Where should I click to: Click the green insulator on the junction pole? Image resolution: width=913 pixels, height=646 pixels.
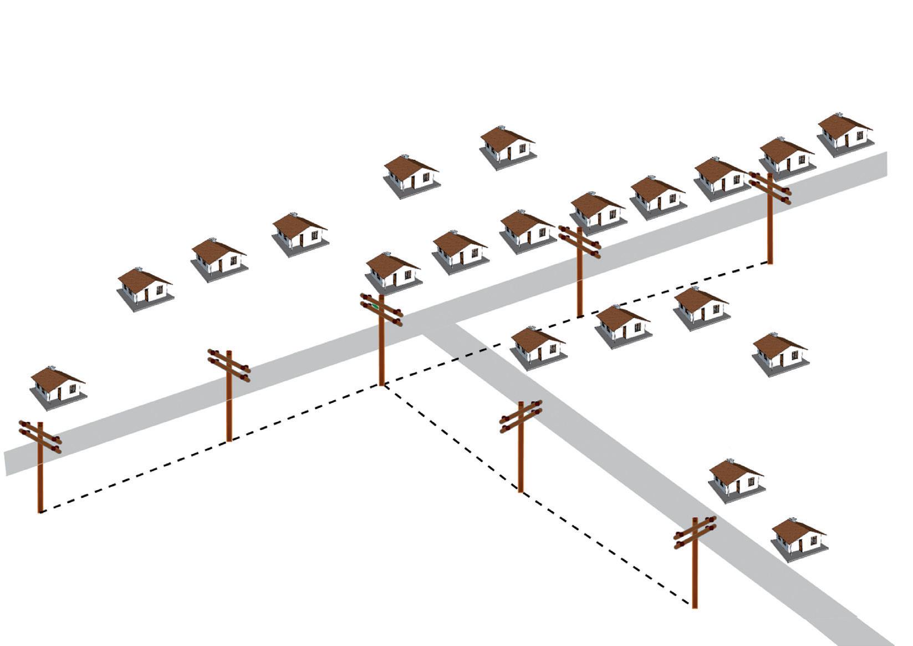[375, 305]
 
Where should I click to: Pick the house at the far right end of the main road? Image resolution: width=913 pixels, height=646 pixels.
[845, 133]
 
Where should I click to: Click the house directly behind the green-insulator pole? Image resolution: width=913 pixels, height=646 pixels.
[393, 272]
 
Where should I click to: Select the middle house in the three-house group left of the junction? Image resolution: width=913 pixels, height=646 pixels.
[219, 258]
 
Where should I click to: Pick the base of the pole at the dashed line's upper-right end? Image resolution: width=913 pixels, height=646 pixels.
[769, 262]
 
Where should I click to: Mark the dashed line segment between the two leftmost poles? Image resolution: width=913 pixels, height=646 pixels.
[133, 476]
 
